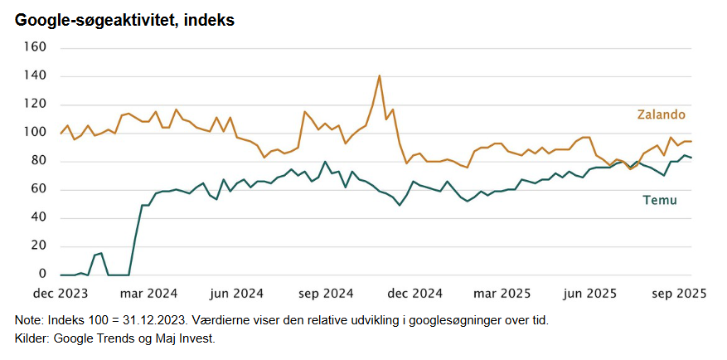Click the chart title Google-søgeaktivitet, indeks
pyautogui.click(x=124, y=20)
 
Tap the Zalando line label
pyautogui.click(x=661, y=114)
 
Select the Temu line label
pyautogui.click(x=660, y=200)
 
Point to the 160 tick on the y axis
pyautogui.click(x=36, y=47)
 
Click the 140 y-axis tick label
pyautogui.click(x=36, y=76)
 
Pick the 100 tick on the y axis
pyautogui.click(x=36, y=133)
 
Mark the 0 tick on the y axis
pyautogui.click(x=42, y=275)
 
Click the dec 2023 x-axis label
pyautogui.click(x=61, y=293)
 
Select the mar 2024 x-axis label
pyautogui.click(x=150, y=293)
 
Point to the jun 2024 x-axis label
pyautogui.click(x=237, y=293)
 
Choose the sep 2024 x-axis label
pyautogui.click(x=327, y=293)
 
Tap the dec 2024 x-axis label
pyautogui.click(x=414, y=293)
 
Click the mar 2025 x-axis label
pyautogui.click(x=502, y=293)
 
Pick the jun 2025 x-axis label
pyautogui.click(x=590, y=293)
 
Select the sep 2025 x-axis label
pyautogui.click(x=679, y=293)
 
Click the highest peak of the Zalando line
pyautogui.click(x=379, y=76)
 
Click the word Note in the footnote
pyautogui.click(x=27, y=320)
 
